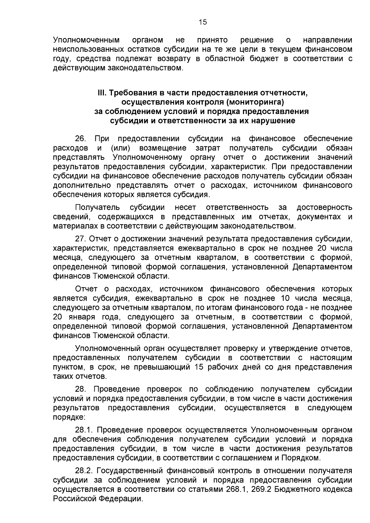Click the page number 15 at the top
203,22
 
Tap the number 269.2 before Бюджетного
264,489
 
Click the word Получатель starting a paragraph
97,207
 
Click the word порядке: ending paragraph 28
69,417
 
